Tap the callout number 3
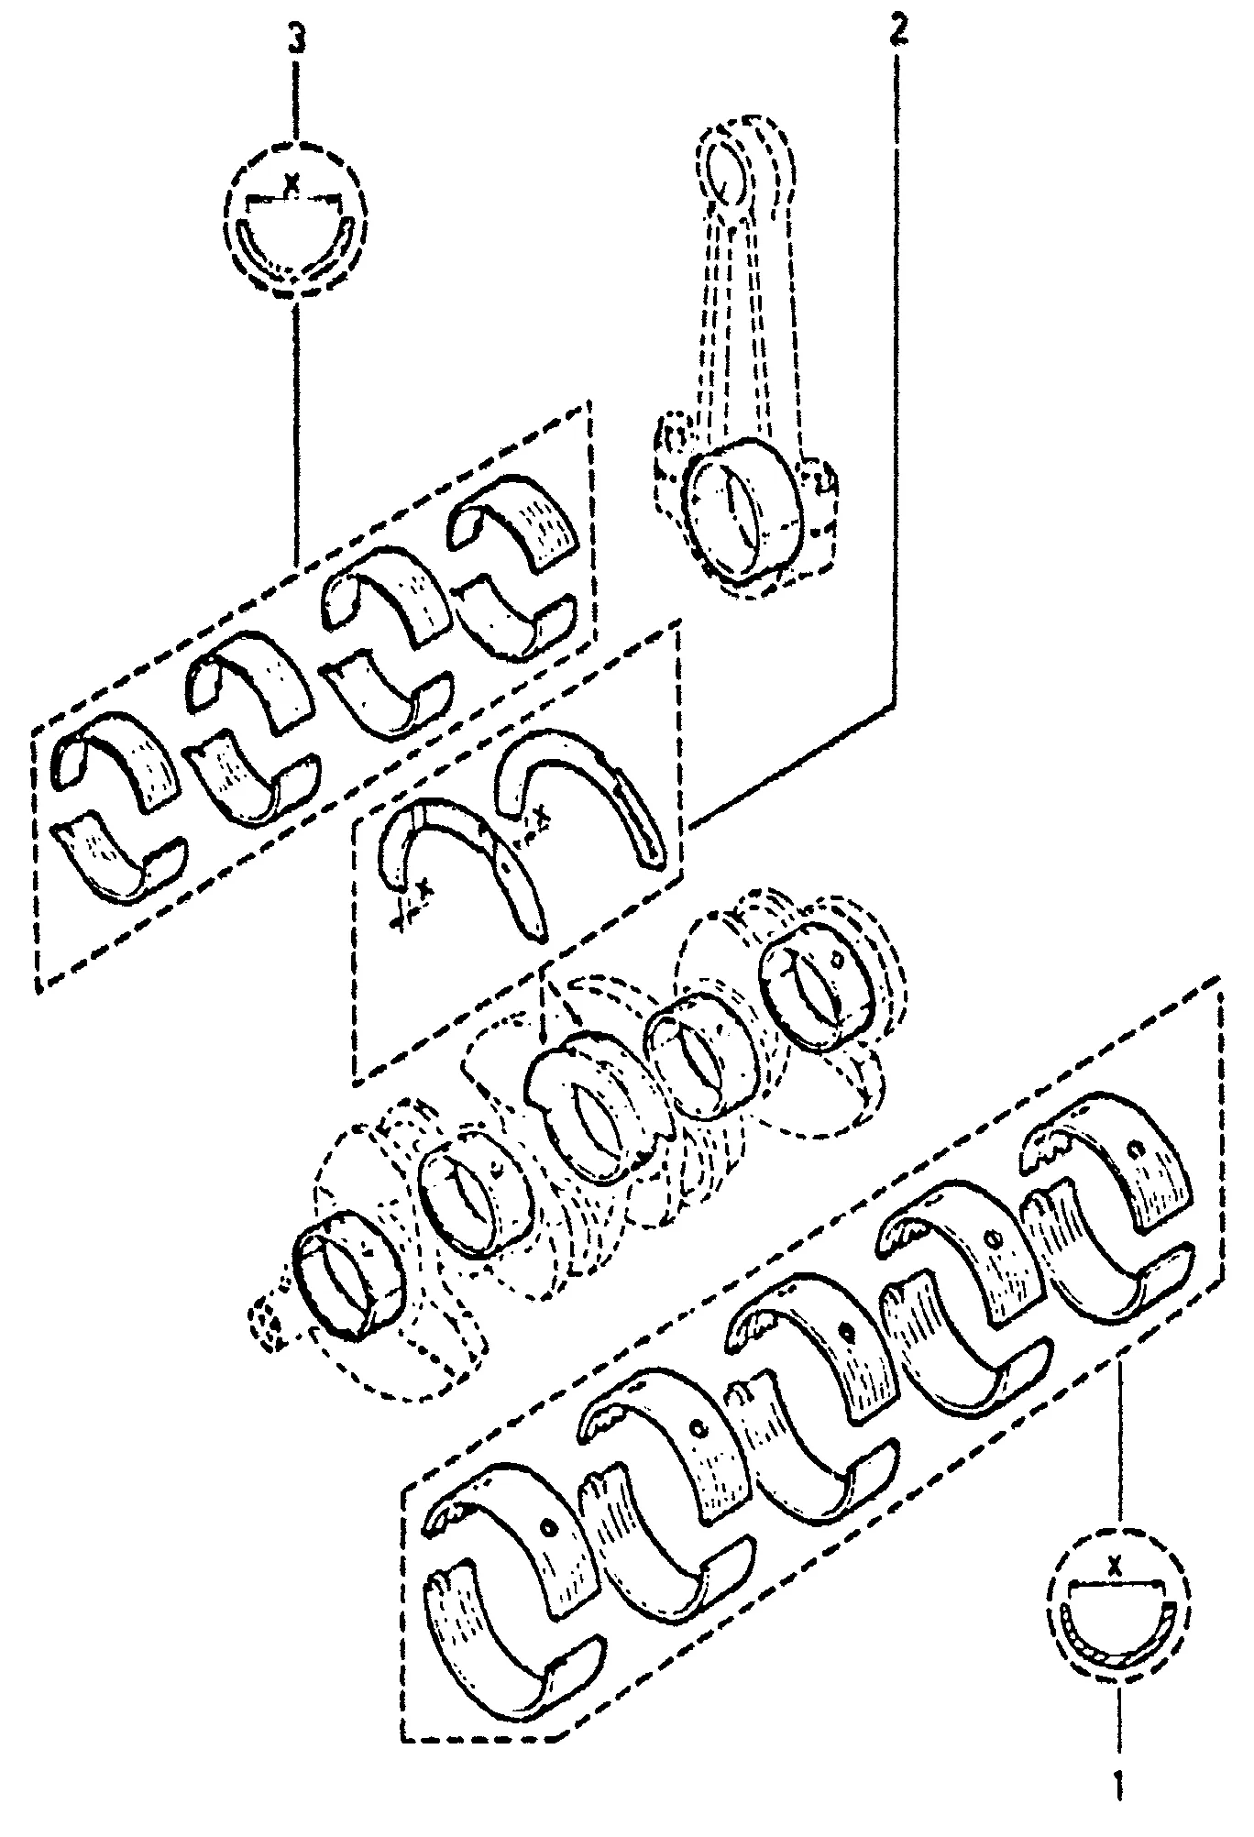pos(295,40)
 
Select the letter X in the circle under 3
pos(292,183)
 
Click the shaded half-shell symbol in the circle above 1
pos(1116,1641)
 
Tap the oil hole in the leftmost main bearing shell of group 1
pos(547,1527)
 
